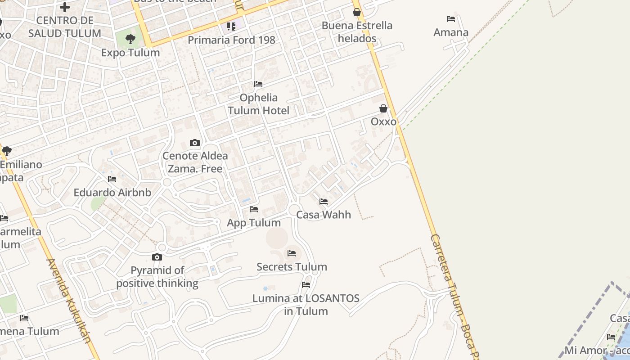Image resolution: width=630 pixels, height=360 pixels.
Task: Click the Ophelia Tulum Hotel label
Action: (x=258, y=104)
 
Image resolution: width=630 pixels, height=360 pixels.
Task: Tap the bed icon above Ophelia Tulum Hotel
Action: (x=258, y=84)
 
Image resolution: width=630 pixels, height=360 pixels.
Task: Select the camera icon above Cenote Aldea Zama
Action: (x=195, y=143)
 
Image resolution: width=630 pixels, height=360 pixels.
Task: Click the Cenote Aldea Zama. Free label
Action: (x=195, y=162)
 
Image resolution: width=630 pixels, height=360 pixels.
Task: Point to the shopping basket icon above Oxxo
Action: (x=383, y=108)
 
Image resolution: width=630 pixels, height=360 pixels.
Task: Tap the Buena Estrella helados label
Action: (x=357, y=32)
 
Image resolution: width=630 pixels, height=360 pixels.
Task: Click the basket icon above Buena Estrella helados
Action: (x=357, y=12)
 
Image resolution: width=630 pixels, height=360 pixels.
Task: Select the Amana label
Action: (x=451, y=32)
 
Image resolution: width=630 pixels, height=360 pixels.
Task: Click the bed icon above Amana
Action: (x=451, y=19)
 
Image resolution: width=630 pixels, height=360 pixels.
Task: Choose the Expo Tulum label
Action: (x=130, y=53)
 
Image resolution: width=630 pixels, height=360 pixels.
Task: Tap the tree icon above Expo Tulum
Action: (x=130, y=39)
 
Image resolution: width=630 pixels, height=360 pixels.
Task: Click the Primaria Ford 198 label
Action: (x=231, y=40)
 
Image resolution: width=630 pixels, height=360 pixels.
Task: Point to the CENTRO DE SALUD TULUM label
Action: (x=65, y=27)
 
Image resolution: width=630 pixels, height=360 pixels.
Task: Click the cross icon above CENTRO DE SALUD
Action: (x=65, y=7)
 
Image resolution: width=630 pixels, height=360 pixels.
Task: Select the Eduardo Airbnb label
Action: (x=112, y=193)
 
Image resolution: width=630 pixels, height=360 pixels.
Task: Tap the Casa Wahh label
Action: (x=324, y=215)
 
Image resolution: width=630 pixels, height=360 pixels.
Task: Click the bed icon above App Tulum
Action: (x=254, y=209)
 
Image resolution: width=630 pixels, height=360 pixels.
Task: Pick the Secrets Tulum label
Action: (x=292, y=267)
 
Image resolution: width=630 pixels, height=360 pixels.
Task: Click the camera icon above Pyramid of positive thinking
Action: (x=157, y=257)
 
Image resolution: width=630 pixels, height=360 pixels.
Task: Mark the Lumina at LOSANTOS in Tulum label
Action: (x=306, y=305)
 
